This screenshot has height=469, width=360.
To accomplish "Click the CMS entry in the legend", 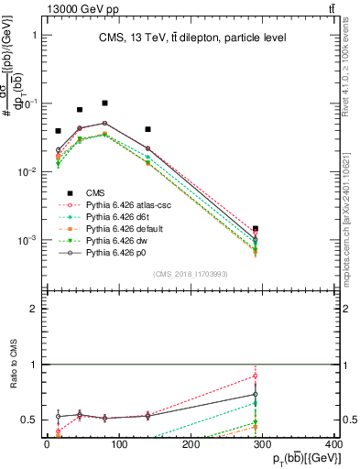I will click(95, 192).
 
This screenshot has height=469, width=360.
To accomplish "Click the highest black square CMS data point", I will click(105, 104).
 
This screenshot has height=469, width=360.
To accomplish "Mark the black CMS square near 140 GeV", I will click(147, 129).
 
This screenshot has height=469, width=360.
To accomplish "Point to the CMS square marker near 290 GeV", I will click(256, 229).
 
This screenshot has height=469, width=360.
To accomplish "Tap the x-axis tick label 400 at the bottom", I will click(333, 445).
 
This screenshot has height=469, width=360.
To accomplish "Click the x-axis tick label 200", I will click(191, 445).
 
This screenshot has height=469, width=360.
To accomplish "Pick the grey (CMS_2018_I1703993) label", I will click(191, 274).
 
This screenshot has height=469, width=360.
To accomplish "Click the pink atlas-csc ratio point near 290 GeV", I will click(256, 376).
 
